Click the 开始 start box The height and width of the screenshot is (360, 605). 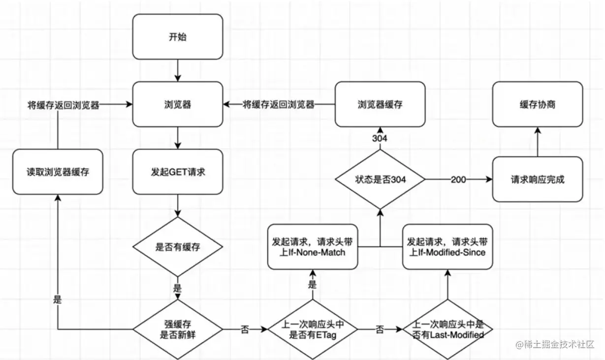[x=177, y=37]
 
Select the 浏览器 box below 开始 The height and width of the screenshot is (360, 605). [x=177, y=104]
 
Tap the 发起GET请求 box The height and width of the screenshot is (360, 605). [x=177, y=172]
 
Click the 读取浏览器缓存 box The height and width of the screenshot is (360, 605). [x=58, y=172]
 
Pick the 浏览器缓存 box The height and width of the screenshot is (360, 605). [x=380, y=104]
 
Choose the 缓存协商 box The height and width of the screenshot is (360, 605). [x=538, y=104]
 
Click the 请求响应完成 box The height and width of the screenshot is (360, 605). [x=538, y=179]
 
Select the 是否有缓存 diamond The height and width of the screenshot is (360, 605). [x=177, y=247]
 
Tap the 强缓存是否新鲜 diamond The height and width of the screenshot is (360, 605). [x=177, y=329]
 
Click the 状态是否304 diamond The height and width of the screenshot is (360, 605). [x=380, y=179]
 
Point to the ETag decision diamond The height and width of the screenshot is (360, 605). [x=313, y=329]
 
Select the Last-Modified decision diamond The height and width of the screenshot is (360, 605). [x=447, y=329]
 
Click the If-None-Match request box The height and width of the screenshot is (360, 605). [x=313, y=247]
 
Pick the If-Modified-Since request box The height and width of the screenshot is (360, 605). [x=447, y=247]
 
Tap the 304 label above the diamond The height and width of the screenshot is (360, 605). [x=380, y=138]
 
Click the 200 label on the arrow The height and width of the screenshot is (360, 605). [x=458, y=179]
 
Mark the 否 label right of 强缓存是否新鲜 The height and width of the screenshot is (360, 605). [x=245, y=329]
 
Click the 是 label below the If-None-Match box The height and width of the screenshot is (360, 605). [x=312, y=285]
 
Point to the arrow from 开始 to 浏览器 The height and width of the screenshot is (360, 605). [x=177, y=70]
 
